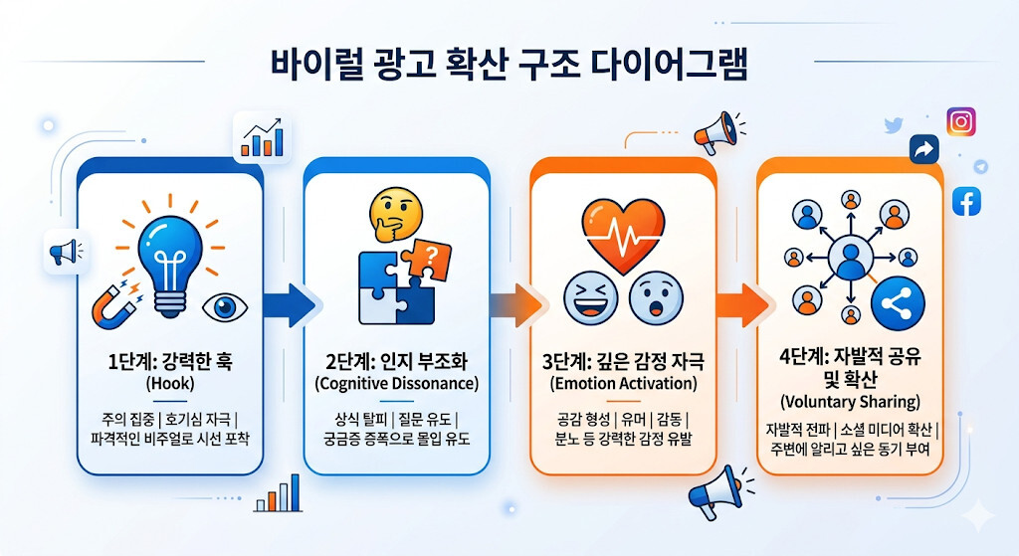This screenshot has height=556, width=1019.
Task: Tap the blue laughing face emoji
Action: tap(591, 298)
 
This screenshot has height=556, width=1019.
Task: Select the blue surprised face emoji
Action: tap(657, 298)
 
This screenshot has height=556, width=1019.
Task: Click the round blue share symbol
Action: tap(898, 303)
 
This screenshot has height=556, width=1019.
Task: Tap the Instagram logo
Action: tap(961, 121)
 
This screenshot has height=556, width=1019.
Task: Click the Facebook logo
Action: tap(966, 201)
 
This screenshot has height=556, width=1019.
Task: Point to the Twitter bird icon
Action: tap(895, 124)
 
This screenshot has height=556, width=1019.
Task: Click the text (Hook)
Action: tap(170, 383)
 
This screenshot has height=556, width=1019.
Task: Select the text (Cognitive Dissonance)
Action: tap(396, 383)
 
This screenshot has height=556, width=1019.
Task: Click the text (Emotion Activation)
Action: tap(623, 383)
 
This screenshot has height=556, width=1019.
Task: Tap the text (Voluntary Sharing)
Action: tap(850, 402)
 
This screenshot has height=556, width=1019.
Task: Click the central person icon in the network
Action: tap(850, 258)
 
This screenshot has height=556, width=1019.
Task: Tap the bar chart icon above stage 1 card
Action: tap(262, 137)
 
